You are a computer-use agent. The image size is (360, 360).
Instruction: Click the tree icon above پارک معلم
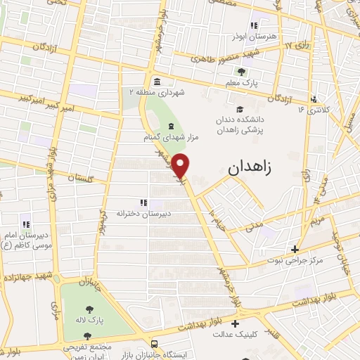pyautogui.click(x=243, y=72)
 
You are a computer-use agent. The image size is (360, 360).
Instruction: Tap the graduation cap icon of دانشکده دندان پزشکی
pyautogui.click(x=240, y=109)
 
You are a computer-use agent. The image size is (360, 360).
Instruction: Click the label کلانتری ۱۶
pyautogui.click(x=314, y=110)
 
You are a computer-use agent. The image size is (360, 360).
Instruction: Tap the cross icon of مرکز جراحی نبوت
pyautogui.click(x=295, y=249)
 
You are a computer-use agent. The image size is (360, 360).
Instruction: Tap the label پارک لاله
pyautogui.click(x=91, y=320)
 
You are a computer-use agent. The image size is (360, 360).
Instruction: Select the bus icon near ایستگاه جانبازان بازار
pyautogui.click(x=153, y=344)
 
